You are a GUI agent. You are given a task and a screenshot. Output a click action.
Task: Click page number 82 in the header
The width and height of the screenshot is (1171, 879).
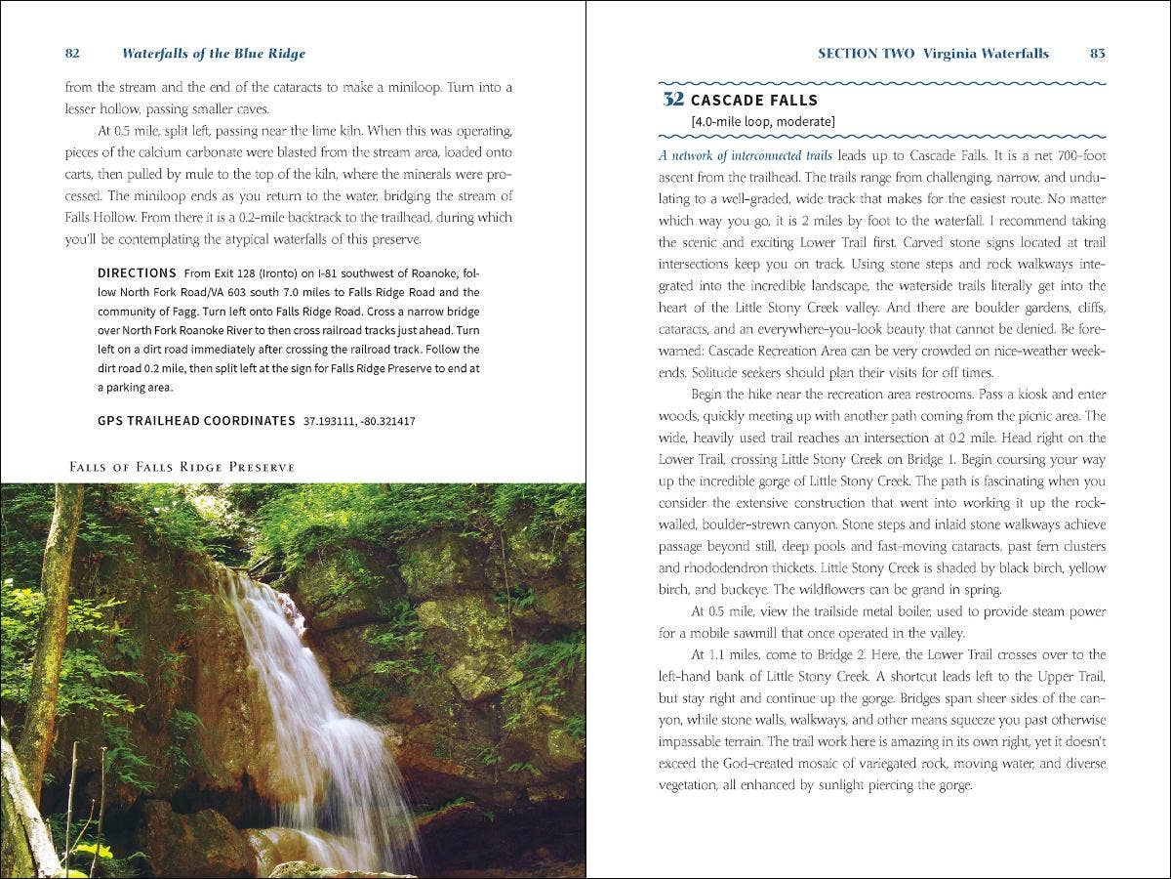pos(72,54)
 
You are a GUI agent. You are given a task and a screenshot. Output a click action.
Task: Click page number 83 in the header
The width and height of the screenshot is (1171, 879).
pos(1098,54)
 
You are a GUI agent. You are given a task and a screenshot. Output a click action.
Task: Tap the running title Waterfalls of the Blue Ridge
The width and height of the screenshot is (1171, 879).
pos(214,54)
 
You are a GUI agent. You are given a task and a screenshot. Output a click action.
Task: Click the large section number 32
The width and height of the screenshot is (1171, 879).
pos(672,100)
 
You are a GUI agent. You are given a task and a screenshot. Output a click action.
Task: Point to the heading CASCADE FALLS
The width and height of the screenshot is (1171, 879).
pos(754,101)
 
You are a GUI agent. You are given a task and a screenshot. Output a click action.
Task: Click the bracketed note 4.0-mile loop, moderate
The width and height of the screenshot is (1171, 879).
pos(762,122)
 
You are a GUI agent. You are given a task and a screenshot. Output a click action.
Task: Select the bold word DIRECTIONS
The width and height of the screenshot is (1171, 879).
pos(137,273)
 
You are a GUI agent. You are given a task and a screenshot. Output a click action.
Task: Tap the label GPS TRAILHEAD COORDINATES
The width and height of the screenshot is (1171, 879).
pos(196,421)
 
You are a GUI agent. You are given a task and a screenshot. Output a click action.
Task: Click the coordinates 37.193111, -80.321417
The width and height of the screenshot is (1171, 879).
pos(359,421)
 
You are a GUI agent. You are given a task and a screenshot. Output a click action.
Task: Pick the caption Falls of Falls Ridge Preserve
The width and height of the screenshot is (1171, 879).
pos(182,467)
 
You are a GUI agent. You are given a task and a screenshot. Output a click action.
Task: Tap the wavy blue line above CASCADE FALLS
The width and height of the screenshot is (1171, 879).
pos(882,83)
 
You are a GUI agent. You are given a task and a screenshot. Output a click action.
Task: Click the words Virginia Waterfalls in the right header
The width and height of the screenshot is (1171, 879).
pos(986,54)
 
